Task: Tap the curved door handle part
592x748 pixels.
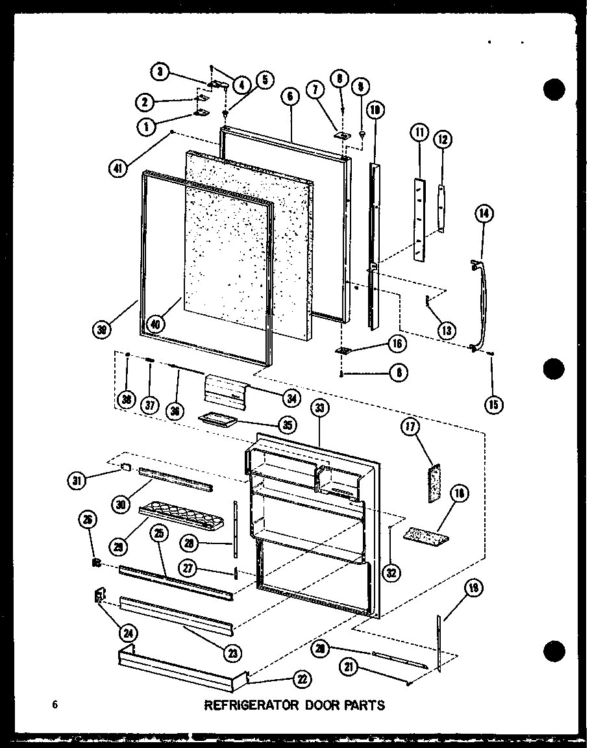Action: point(480,305)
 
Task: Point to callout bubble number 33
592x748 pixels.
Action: point(320,408)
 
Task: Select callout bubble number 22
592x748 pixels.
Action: point(302,679)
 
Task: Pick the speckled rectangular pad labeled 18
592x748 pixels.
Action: point(423,534)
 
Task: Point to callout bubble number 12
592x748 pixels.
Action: point(444,139)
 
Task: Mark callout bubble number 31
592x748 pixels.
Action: point(79,480)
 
